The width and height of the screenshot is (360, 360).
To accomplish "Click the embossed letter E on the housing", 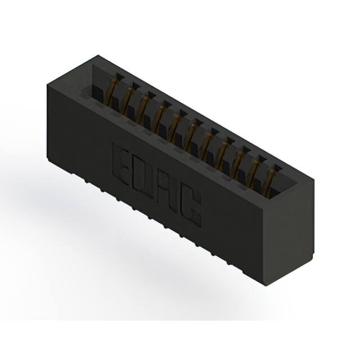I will [123, 162].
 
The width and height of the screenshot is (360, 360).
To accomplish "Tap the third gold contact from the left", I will [144, 106].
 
